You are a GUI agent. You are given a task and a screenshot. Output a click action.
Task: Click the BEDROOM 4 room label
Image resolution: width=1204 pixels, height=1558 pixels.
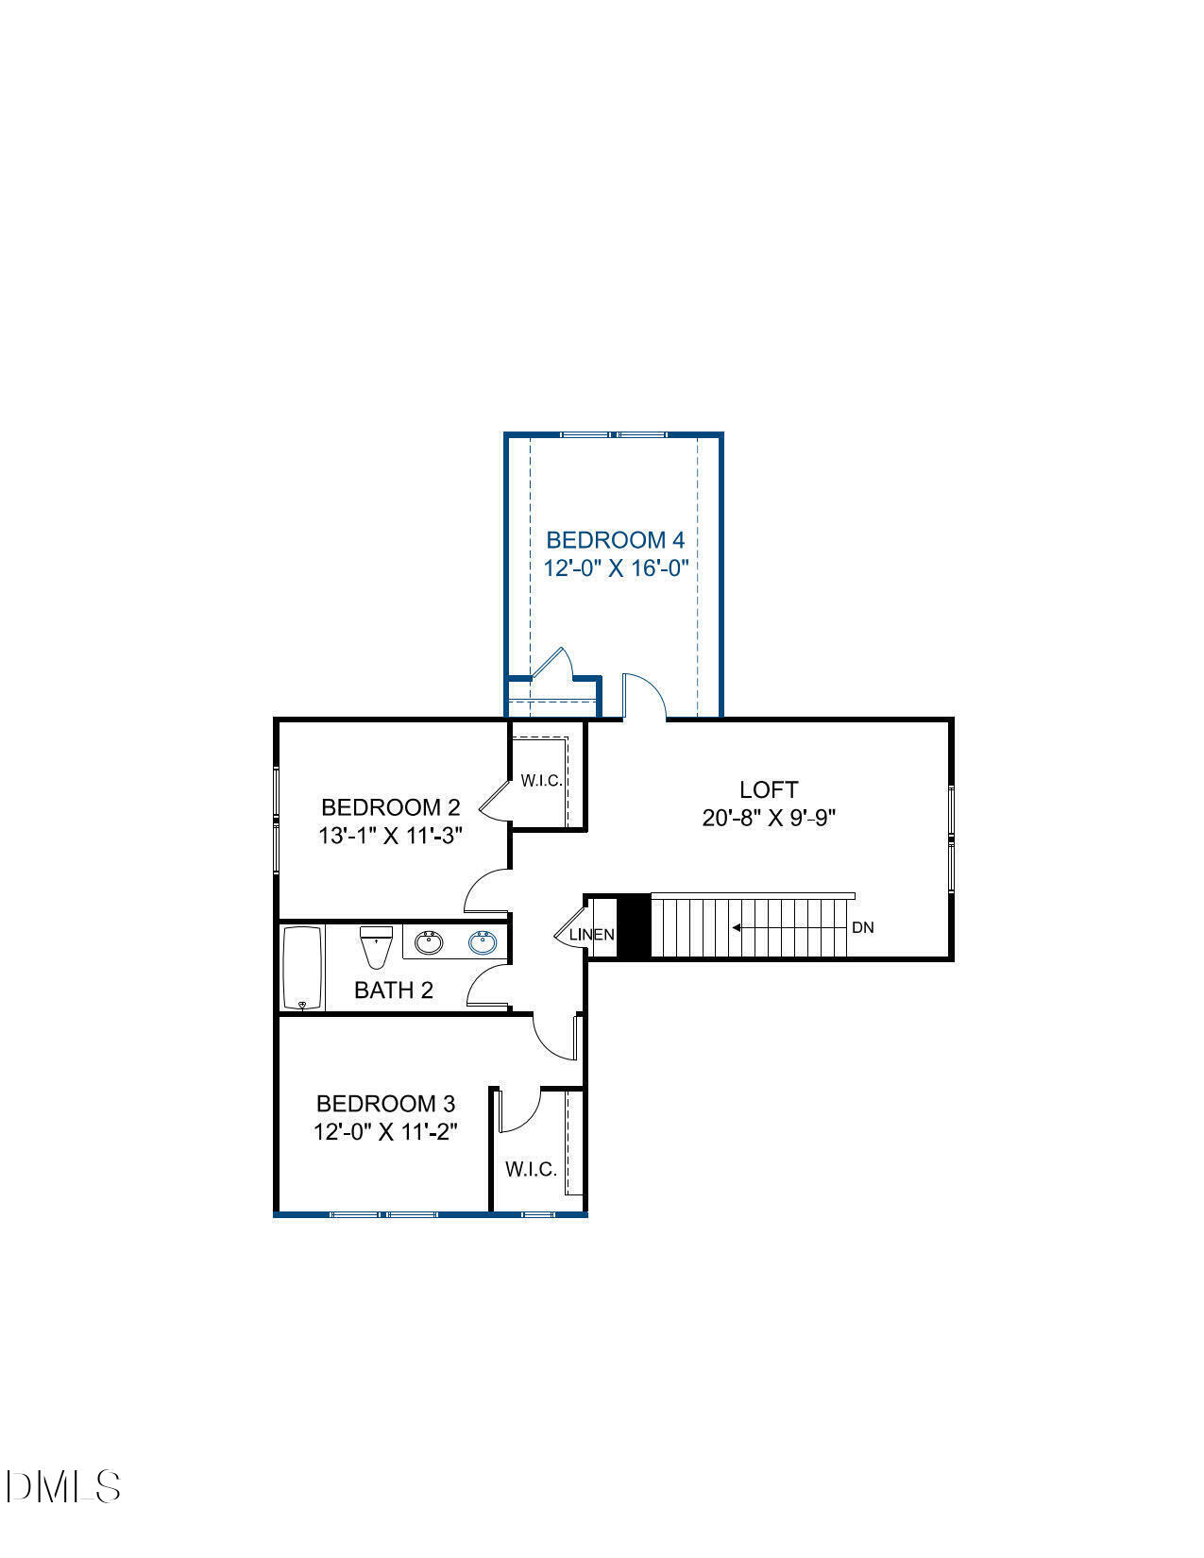(x=615, y=540)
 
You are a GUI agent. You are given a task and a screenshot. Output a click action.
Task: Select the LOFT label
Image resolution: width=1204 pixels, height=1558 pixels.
(x=769, y=789)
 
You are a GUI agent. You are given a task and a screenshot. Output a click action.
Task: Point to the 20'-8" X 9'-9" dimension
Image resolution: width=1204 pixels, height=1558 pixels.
(x=769, y=818)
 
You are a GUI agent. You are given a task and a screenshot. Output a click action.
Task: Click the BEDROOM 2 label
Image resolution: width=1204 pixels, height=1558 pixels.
(x=390, y=807)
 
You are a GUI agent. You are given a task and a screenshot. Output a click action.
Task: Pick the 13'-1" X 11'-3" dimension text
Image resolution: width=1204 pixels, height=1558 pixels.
(x=390, y=836)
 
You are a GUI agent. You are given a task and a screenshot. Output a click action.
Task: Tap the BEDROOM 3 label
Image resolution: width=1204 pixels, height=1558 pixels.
(x=385, y=1103)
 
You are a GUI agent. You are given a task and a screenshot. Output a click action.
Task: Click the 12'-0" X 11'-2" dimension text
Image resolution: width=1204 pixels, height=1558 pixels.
(x=385, y=1131)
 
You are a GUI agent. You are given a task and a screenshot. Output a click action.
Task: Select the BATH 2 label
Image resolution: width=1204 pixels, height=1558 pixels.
(x=393, y=991)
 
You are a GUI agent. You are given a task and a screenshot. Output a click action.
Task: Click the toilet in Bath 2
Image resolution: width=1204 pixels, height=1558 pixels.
(x=376, y=947)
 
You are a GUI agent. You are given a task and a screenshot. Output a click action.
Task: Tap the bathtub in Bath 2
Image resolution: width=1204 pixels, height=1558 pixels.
(x=303, y=968)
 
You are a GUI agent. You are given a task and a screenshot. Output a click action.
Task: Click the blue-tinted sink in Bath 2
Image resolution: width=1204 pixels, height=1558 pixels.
(x=483, y=941)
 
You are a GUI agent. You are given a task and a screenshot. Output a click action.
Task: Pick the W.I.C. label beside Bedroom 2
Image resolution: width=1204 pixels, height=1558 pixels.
(x=541, y=781)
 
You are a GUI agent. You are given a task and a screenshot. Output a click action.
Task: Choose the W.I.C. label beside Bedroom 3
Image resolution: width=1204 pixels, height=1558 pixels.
(x=531, y=1169)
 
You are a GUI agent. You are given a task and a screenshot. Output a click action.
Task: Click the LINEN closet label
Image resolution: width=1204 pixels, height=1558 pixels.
(x=592, y=935)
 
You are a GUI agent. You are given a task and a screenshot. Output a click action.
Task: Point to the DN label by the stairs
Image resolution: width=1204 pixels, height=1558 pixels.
(x=862, y=927)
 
